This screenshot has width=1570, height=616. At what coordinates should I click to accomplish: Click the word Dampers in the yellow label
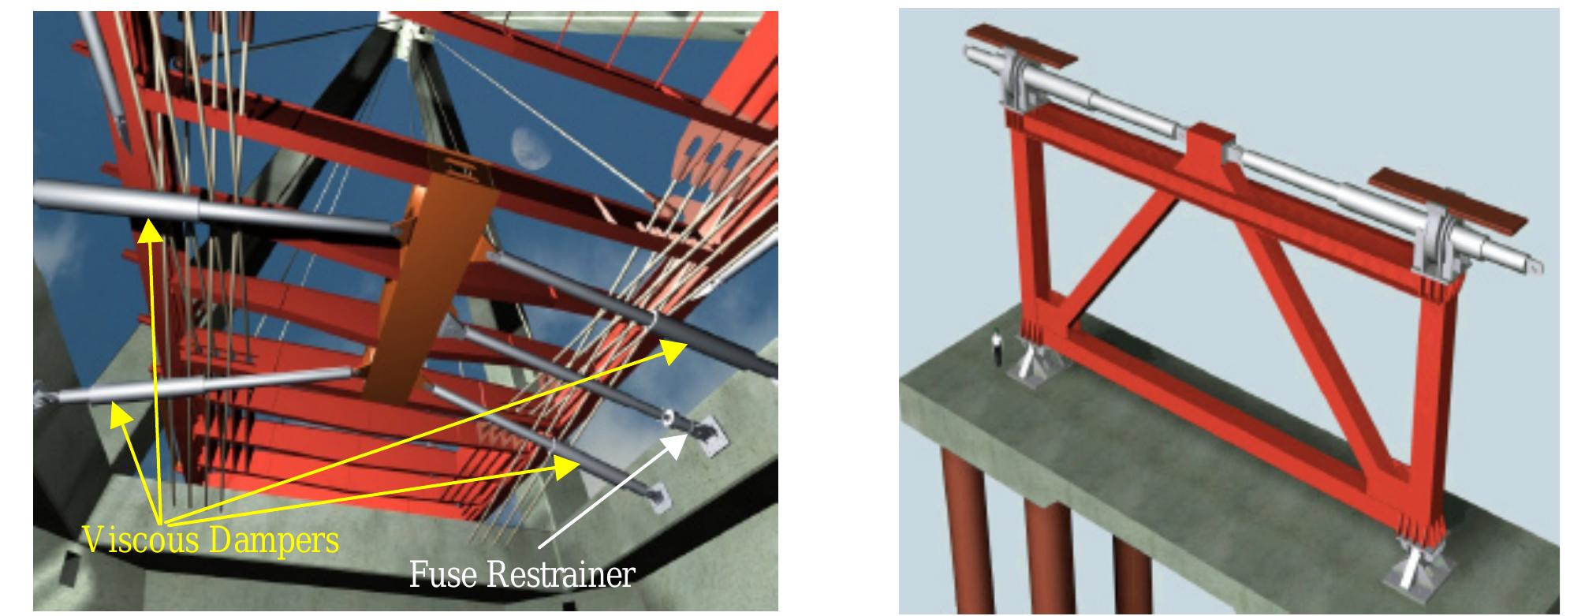pos(274,541)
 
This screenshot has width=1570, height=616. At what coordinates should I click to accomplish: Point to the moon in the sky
pos(526,144)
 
